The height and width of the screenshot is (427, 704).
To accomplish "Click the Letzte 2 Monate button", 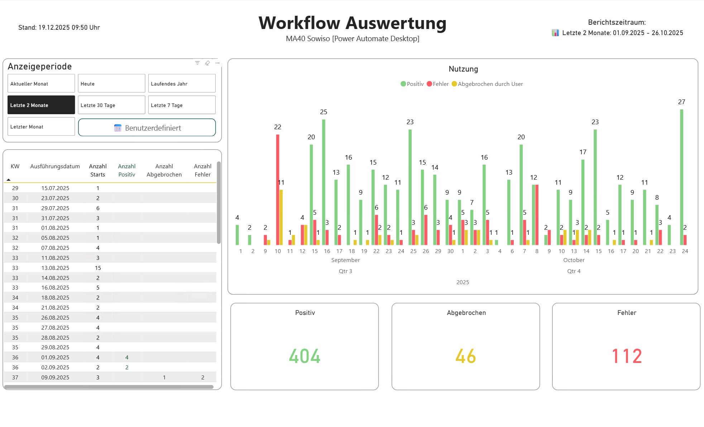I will pos(41,105).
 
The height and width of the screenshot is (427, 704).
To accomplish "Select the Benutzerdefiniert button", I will pos(147,128).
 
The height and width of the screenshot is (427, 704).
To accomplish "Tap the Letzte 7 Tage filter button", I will pos(182,105).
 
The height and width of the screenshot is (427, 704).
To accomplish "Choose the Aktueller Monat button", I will pos(41,83).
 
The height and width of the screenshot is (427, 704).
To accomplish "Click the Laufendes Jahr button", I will pos(182,83).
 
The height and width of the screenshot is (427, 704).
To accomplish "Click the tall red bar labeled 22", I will pos(278,190).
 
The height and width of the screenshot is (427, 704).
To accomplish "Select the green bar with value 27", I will pos(681,177).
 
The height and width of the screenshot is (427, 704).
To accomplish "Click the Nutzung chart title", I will pos(463,69).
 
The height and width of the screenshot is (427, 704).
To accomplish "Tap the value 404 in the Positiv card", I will pos(305,356).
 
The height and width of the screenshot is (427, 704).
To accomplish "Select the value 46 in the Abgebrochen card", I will pos(465,356).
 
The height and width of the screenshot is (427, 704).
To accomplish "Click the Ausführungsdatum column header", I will pos(55,166).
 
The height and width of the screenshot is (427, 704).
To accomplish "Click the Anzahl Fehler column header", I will pos(202,170).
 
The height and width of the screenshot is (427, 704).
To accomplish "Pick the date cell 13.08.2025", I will pos(55,268).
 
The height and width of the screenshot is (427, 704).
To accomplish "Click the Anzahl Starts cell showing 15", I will pos(98,268).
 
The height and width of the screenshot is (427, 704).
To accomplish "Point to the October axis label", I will pos(573,260).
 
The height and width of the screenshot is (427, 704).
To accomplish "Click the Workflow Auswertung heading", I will pos(352,23).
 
